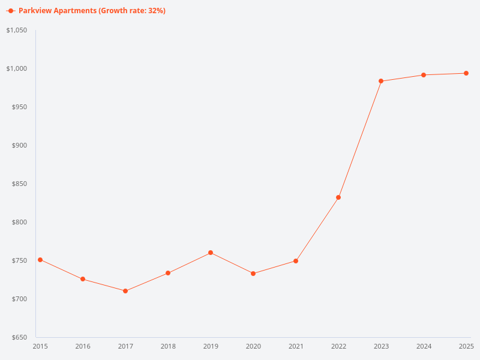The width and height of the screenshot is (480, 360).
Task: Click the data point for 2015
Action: click(40, 260)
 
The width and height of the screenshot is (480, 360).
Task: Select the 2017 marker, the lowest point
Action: click(125, 291)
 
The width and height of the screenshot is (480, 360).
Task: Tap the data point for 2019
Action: click(211, 253)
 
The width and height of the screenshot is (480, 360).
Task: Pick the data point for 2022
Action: click(338, 197)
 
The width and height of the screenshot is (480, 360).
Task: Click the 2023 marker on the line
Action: click(381, 81)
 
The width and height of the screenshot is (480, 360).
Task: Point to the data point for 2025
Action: click(466, 73)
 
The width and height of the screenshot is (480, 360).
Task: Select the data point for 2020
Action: click(253, 274)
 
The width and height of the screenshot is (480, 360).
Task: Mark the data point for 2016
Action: click(83, 279)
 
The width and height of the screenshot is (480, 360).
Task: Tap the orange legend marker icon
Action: click(11, 11)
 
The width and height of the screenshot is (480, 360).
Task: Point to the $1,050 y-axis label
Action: click(17, 30)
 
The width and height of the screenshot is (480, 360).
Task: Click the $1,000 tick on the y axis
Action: click(17, 68)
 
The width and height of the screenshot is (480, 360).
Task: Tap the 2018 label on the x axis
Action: click(168, 346)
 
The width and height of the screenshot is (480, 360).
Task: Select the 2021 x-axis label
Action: click(296, 346)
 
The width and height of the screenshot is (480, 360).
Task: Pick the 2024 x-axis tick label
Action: click(424, 346)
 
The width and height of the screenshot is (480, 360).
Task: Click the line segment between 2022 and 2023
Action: click(360, 139)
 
